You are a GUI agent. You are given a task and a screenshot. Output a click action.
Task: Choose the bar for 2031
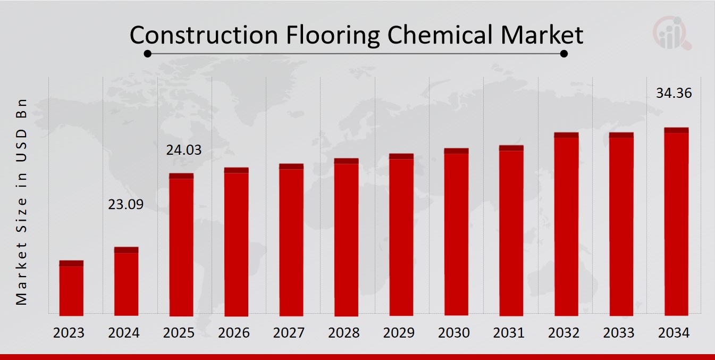coord(511,231)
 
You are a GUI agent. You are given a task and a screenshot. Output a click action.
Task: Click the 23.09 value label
coord(126,204)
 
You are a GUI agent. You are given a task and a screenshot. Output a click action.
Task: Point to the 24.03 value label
coord(184,150)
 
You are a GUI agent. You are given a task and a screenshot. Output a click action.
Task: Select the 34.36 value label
coord(674,94)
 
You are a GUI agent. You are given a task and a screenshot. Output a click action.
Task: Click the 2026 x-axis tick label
coord(234,333)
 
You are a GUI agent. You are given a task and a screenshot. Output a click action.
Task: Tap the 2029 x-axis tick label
coord(399,333)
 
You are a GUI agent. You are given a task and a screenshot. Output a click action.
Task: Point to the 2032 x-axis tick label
coord(563,333)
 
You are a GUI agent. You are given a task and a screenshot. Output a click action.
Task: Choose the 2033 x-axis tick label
coord(619,333)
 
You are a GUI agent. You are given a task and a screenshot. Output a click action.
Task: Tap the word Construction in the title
coord(204,35)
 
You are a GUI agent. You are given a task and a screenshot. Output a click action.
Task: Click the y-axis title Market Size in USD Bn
coord(21,202)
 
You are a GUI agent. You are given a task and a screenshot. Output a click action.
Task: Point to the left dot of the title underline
coord(148,54)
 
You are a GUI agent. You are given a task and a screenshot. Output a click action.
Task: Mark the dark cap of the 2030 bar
coord(456,151)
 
